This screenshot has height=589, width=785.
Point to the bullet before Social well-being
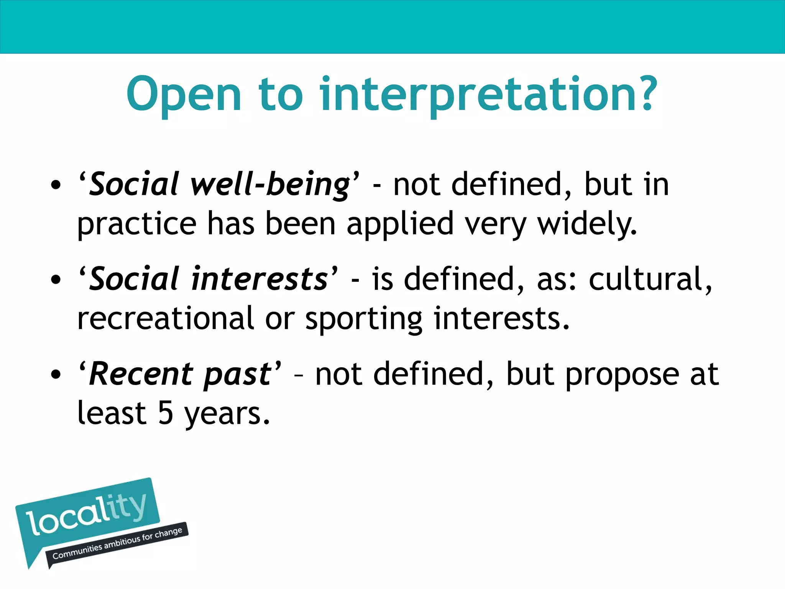pos(56,186)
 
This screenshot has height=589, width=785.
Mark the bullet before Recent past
pos(56,374)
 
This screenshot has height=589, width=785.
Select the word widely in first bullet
pos(587,224)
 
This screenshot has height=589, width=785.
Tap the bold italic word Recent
pos(141,374)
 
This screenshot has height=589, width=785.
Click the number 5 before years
pos(166,413)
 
